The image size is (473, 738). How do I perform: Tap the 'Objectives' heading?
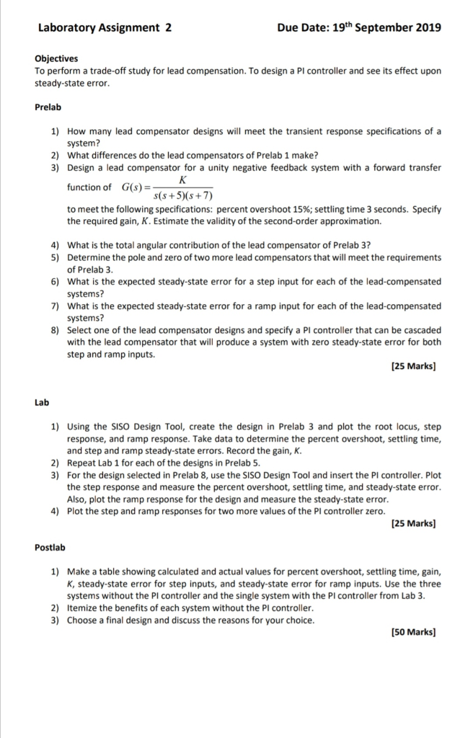coord(56,59)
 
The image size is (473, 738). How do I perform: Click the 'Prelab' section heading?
coord(48,107)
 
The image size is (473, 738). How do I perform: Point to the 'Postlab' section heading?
coord(50,548)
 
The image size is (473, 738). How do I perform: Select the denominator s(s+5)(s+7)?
coord(183,195)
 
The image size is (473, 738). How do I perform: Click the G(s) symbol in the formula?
coord(133,187)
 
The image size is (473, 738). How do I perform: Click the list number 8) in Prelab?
coord(55,330)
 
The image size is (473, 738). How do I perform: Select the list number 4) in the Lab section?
coord(55,511)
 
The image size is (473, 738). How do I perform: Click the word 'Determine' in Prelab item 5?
coord(89,257)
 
